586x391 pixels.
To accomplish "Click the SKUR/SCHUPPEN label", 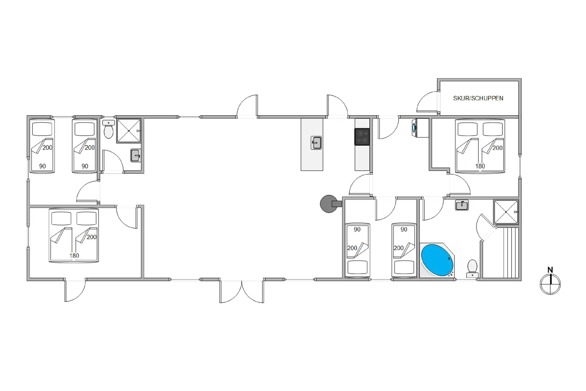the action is (x=478, y=98).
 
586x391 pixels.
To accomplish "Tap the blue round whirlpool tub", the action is (x=437, y=260).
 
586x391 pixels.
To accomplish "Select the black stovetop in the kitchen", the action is (x=362, y=137).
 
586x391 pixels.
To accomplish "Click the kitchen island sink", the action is (x=316, y=143).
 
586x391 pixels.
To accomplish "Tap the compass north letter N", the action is (x=550, y=270).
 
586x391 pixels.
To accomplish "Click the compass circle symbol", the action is (x=550, y=284).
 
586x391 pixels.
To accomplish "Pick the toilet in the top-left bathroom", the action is (x=109, y=129).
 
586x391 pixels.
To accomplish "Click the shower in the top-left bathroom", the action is (x=129, y=131).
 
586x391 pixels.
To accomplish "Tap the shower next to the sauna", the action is (x=506, y=212).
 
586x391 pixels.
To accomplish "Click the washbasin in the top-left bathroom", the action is (x=136, y=155).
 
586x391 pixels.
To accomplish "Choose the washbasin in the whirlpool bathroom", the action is (x=462, y=205).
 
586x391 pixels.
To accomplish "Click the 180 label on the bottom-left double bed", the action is (x=74, y=256).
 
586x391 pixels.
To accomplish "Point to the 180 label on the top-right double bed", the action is (x=480, y=166).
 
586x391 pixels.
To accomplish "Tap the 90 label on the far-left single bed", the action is (x=42, y=166).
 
